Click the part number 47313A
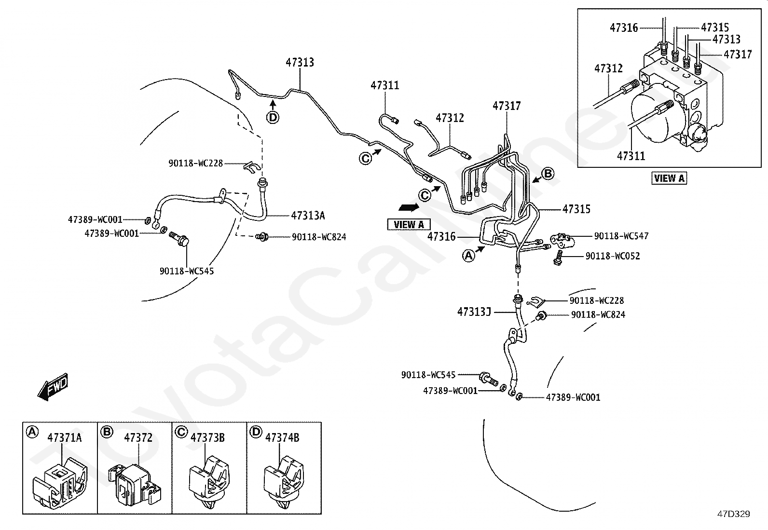308,216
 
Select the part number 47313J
474,312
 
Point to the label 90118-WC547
621,236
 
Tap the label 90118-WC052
613,256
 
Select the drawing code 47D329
733,514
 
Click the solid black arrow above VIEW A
408,207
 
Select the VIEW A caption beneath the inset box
669,178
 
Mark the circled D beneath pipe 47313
273,117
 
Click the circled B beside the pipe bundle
548,174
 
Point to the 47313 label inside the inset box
726,40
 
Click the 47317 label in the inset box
738,54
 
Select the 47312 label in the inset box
608,68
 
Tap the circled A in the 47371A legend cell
32,432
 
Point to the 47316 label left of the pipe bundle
441,236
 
